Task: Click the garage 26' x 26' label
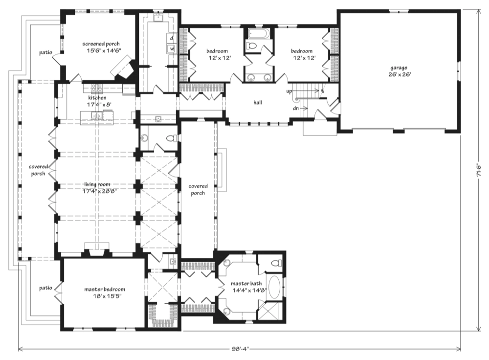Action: pyautogui.click(x=399, y=71)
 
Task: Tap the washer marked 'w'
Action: pyautogui.click(x=172, y=49)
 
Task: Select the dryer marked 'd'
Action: pyautogui.click(x=172, y=38)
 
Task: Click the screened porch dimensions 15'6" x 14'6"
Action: pyautogui.click(x=104, y=50)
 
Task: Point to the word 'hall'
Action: pyautogui.click(x=258, y=102)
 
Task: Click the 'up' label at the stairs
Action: pyautogui.click(x=289, y=91)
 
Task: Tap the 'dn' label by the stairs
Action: pyautogui.click(x=296, y=108)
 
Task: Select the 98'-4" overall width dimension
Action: pyautogui.click(x=240, y=348)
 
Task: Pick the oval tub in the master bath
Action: pyautogui.click(x=274, y=287)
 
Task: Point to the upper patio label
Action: pyautogui.click(x=45, y=52)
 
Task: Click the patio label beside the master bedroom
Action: pyautogui.click(x=45, y=288)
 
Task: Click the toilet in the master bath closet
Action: pyautogui.click(x=275, y=264)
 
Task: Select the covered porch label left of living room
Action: pyautogui.click(x=38, y=170)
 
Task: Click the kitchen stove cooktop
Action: pyautogui.click(x=96, y=88)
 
